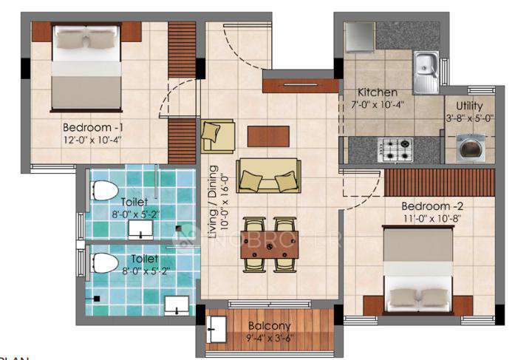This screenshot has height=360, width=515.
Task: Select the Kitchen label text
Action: coord(378,92)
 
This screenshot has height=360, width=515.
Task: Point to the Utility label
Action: coord(470,105)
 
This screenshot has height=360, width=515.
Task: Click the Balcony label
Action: coord(268,325)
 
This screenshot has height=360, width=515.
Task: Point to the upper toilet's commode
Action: coord(105,189)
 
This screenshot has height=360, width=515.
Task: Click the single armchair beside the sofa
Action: coord(217,136)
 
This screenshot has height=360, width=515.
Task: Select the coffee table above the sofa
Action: coord(268,136)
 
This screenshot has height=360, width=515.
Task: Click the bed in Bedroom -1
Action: coord(86,67)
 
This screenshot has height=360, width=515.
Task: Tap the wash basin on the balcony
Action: coord(217,328)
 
